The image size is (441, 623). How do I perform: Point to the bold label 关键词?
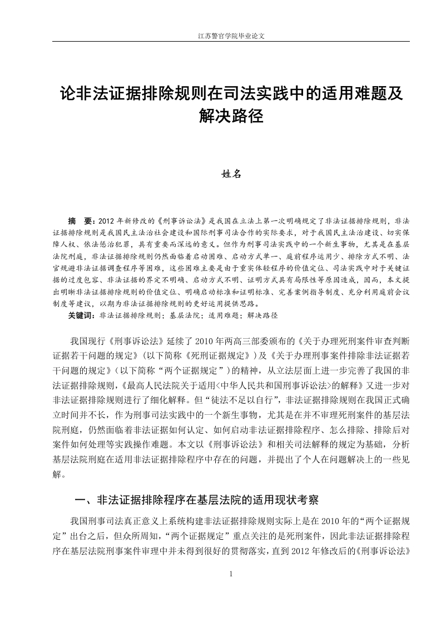[81, 315]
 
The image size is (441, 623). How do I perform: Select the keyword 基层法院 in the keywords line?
[185, 315]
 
